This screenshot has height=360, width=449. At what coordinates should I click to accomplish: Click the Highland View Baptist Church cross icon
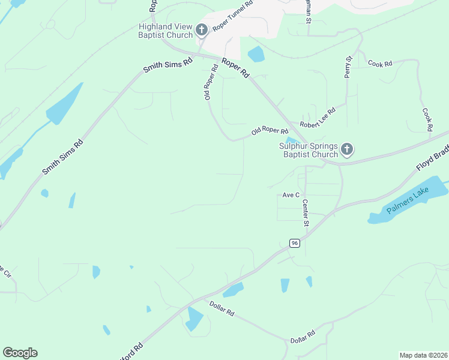(202, 29)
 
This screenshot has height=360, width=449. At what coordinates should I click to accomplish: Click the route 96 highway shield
(294, 243)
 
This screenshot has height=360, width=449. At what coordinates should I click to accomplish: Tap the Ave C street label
(291, 196)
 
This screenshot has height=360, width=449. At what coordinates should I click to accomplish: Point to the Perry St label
(348, 67)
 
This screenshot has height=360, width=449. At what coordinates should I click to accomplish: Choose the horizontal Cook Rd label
(379, 63)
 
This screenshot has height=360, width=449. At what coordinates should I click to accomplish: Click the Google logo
(20, 353)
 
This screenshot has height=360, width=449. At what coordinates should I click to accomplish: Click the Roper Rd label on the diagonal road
(235, 68)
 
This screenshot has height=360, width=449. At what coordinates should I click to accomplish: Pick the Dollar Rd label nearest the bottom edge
(303, 337)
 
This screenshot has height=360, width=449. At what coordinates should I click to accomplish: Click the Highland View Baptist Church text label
(165, 31)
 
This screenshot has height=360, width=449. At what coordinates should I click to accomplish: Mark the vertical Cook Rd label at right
(427, 119)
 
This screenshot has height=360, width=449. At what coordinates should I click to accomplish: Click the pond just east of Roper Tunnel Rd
(256, 54)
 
